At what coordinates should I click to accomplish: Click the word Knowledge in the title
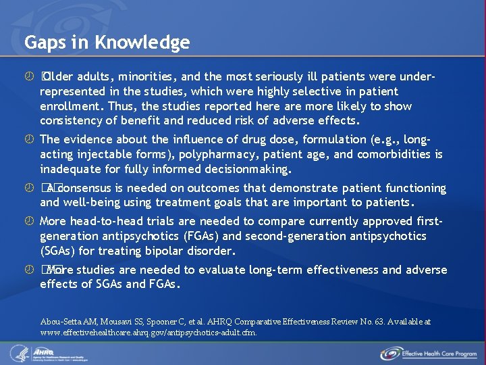[142, 43]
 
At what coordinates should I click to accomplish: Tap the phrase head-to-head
[105, 221]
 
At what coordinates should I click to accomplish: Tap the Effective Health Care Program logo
[429, 354]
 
